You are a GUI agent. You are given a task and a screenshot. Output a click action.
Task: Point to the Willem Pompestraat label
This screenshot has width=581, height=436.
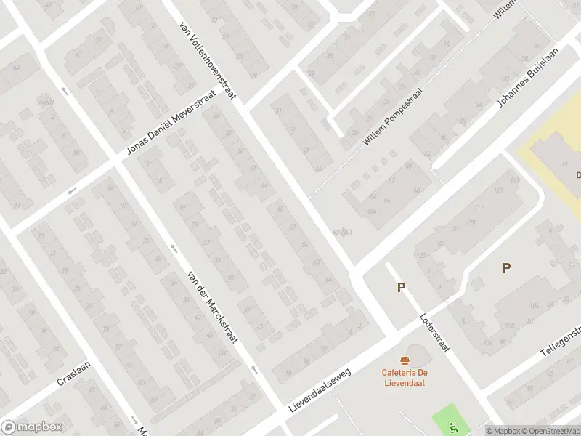pyautogui.click(x=386, y=119)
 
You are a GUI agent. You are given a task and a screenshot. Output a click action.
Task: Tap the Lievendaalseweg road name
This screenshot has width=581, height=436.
pyautogui.click(x=320, y=391)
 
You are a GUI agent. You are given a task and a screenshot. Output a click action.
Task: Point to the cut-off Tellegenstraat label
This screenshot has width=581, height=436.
pyautogui.click(x=561, y=342)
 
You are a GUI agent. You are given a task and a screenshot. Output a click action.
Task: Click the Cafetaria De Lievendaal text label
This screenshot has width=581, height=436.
pyautogui.click(x=403, y=379)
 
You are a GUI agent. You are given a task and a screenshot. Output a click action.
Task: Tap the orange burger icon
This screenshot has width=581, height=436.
pyautogui.click(x=404, y=360)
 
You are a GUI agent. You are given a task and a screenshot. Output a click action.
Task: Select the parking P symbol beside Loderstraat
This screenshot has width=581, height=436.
pyautogui.click(x=400, y=288)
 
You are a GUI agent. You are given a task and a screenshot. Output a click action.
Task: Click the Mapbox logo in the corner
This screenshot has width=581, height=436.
pyautogui.click(x=31, y=427)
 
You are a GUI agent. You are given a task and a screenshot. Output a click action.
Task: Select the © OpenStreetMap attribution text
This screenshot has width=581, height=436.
pyautogui.click(x=556, y=431)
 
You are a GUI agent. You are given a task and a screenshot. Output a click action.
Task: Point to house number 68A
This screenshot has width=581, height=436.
pyautogui.click(x=372, y=212)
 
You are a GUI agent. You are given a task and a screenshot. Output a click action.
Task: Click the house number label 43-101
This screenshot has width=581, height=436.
pyautogui.click(x=341, y=232)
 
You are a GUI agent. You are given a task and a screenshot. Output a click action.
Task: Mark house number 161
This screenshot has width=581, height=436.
pyautogui.click(x=516, y=179)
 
